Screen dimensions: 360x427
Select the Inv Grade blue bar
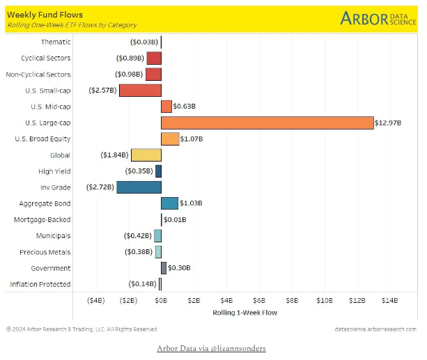click(139, 187)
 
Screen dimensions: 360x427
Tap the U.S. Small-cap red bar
click(140, 90)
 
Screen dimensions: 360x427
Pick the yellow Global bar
click(146, 155)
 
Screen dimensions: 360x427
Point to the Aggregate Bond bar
click(169, 203)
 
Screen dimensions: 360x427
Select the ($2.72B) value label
click(100, 187)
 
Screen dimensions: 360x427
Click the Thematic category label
click(56, 42)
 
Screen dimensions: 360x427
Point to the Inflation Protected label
click(40, 284)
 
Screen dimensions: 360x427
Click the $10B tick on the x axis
click(325, 301)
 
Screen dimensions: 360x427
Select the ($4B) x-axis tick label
click(95, 301)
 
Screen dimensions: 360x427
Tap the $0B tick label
click(161, 301)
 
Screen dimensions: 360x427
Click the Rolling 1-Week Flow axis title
click(244, 313)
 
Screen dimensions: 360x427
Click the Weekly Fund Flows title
click(45, 15)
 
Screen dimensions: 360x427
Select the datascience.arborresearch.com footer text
click(375, 329)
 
